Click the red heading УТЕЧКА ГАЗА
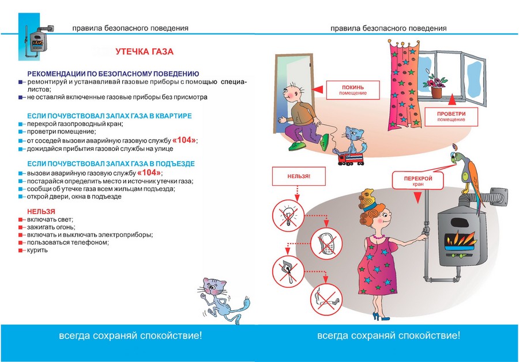coord(144,52)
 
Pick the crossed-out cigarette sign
coord(326,297)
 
